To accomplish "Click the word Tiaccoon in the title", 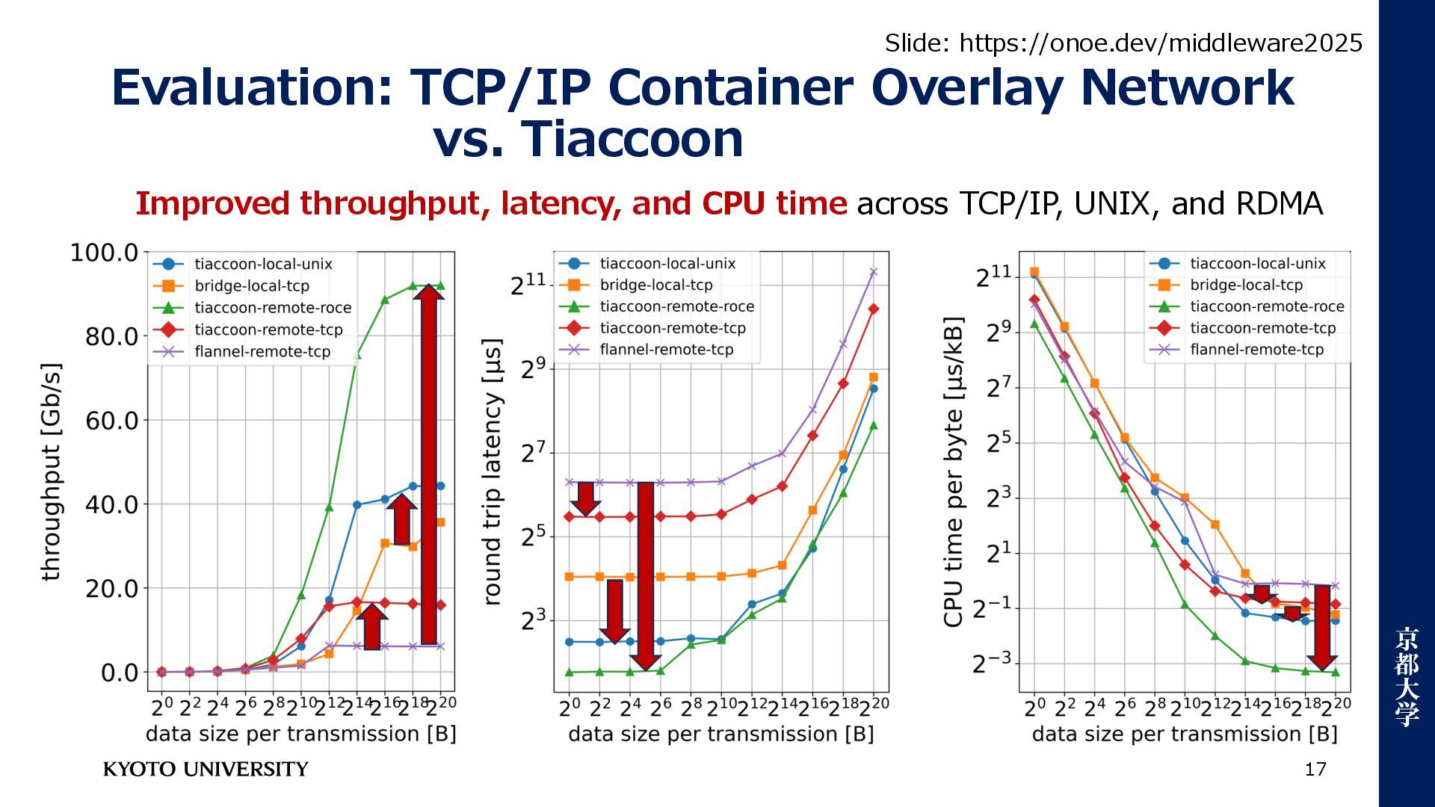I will [632, 139].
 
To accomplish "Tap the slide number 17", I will [1315, 769].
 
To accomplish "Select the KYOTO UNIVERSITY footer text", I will [206, 770].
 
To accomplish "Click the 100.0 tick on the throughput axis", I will [104, 253].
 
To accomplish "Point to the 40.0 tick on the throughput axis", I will [111, 504].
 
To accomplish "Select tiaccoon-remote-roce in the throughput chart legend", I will [272, 308].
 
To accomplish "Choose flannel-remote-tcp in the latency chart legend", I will [666, 350].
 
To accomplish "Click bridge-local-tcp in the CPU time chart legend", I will [1246, 285].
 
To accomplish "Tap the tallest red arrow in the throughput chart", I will [429, 463].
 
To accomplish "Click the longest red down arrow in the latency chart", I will [646, 575].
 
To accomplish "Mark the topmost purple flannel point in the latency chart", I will [873, 272].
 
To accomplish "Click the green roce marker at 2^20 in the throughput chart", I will [440, 285].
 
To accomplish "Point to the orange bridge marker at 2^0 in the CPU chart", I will [1034, 272].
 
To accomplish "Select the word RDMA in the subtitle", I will [1280, 203].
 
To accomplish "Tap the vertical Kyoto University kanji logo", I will [1406, 676].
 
